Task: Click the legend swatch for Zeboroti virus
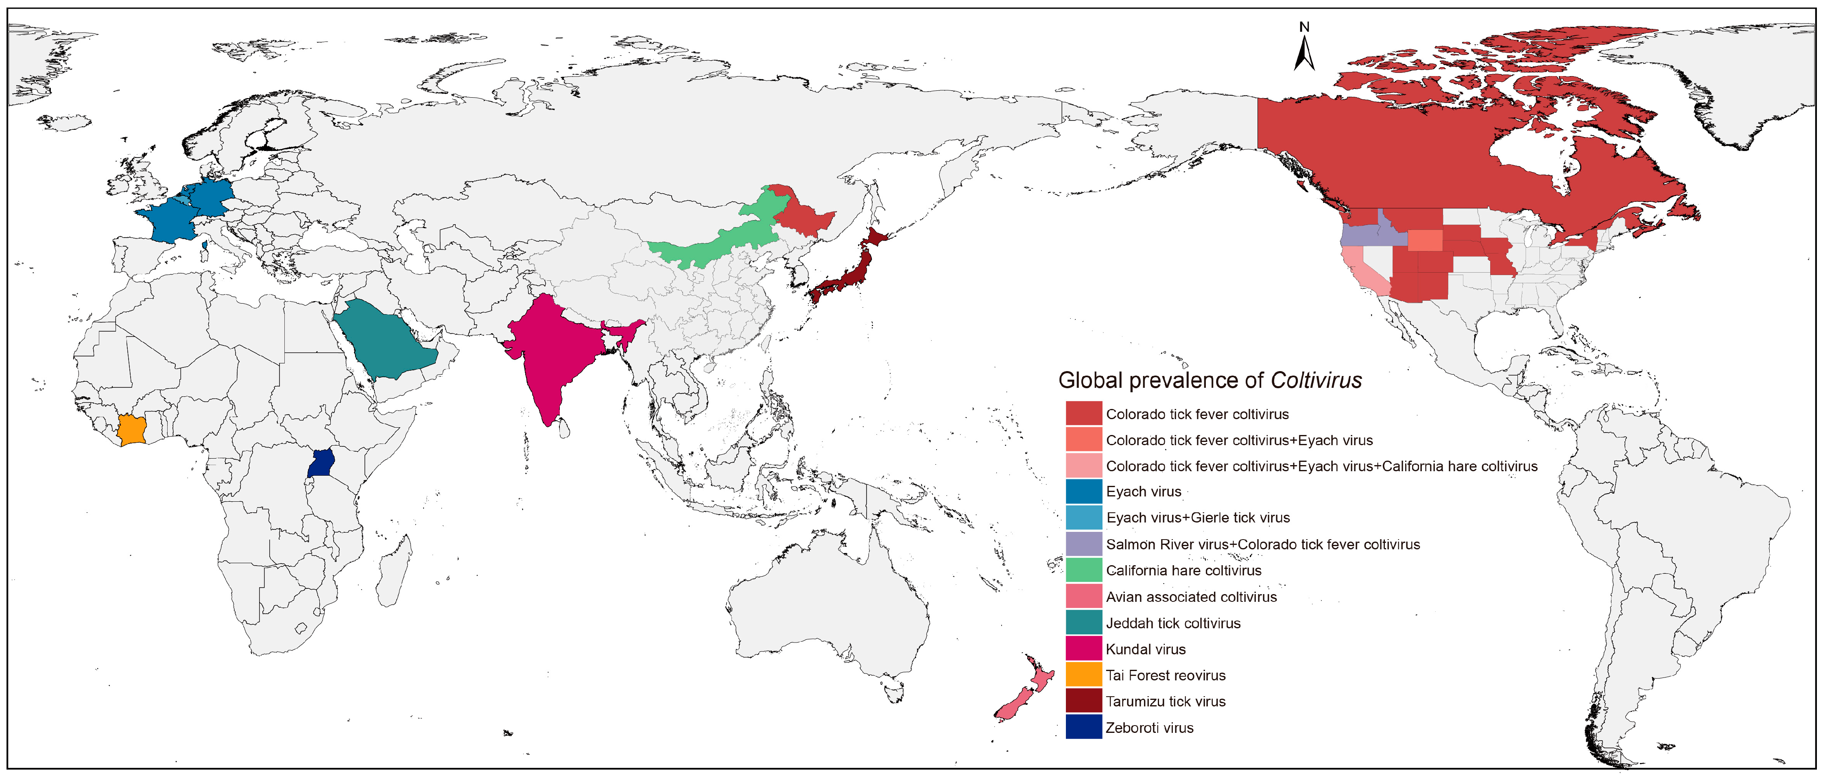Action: [x=1083, y=727]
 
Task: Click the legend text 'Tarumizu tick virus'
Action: [x=1166, y=702]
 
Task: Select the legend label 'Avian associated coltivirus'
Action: [x=1191, y=597]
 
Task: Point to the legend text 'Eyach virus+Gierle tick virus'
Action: [x=1197, y=518]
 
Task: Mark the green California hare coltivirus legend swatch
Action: [x=1083, y=571]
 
